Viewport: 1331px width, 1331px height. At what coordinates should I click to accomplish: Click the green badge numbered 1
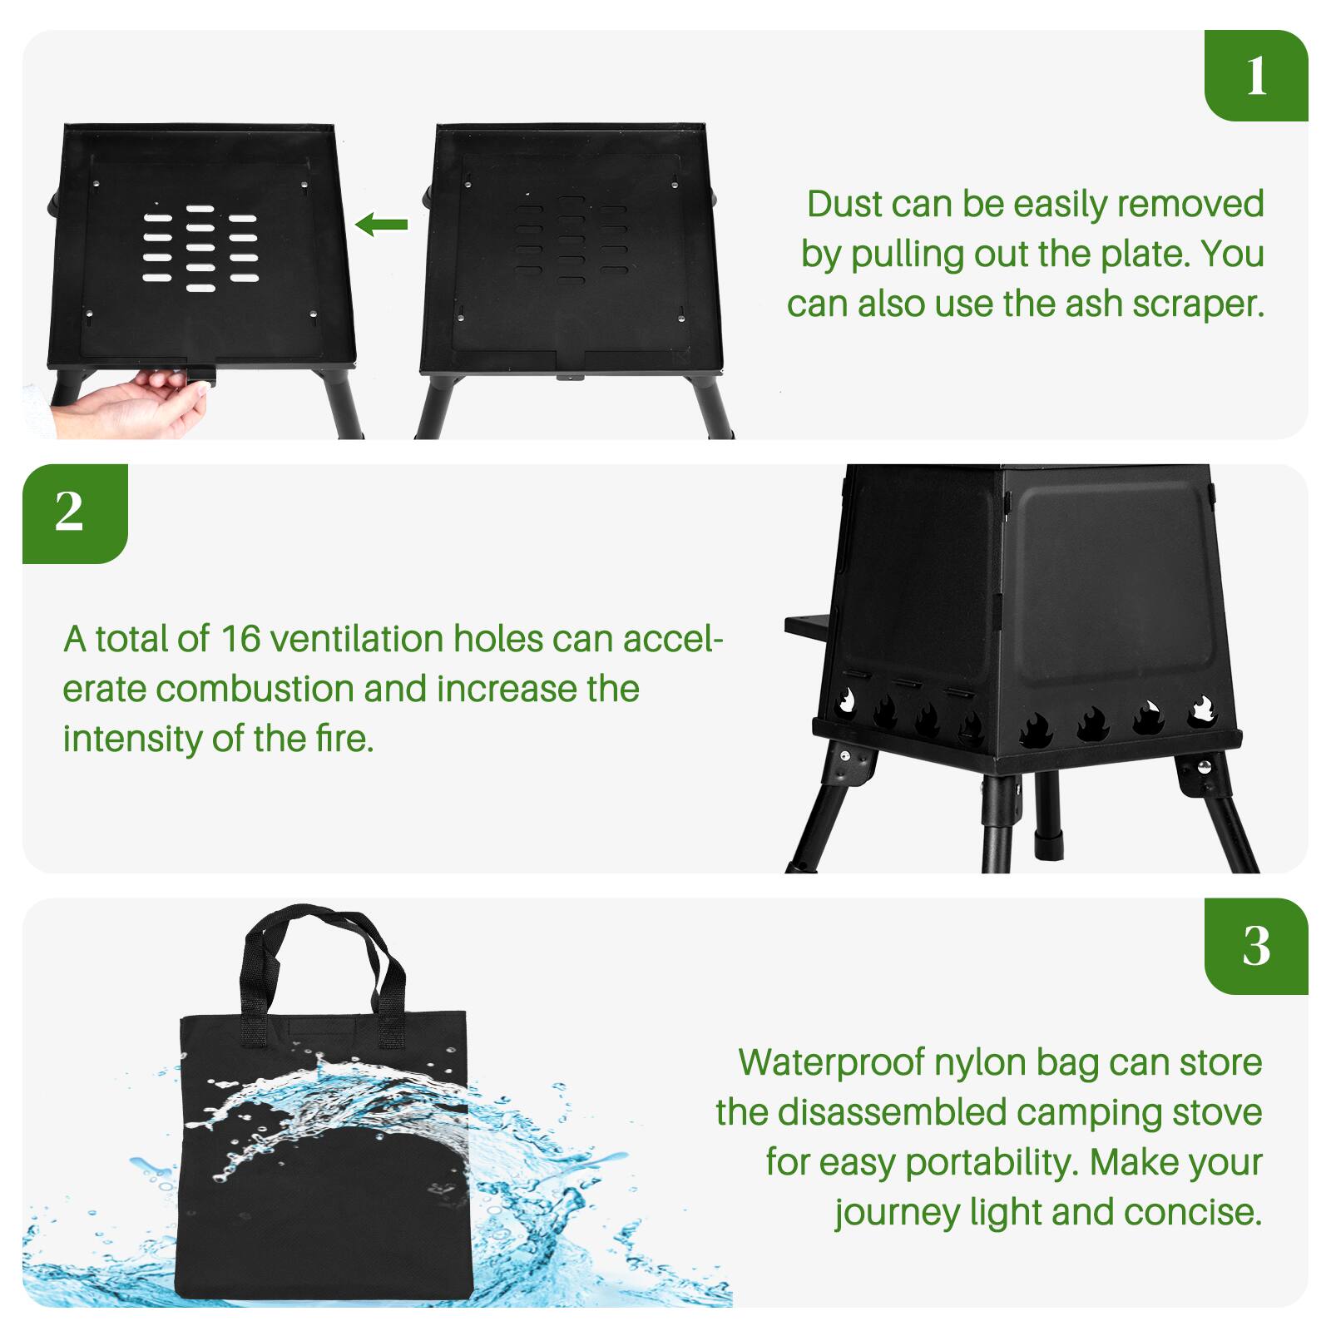1256,77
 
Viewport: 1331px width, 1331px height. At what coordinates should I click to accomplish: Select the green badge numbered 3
1256,946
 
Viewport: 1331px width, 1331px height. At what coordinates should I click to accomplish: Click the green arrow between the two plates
382,224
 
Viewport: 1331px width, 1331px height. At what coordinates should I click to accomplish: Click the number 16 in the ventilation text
240,639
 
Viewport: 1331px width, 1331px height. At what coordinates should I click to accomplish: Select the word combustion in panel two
255,689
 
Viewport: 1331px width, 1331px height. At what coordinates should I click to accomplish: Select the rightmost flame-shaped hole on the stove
1202,712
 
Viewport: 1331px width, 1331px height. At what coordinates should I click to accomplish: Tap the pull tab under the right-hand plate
570,379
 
